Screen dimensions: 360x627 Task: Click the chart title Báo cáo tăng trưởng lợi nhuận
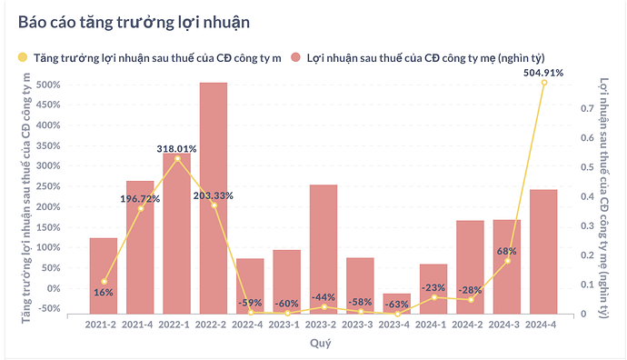[128, 20]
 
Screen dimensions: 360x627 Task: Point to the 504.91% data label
[543, 72]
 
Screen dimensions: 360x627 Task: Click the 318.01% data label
[176, 148]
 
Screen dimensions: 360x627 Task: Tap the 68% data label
[506, 251]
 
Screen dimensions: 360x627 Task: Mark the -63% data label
[397, 304]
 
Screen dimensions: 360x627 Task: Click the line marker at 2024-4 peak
[543, 83]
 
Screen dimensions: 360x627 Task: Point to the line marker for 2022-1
[177, 158]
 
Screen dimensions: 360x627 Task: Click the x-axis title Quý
[321, 344]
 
